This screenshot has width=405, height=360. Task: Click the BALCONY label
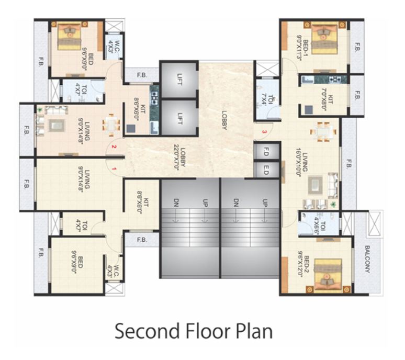pyautogui.click(x=368, y=260)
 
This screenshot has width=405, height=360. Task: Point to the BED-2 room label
pyautogui.click(x=300, y=268)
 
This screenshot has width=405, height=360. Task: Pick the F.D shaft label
pyautogui.click(x=265, y=151)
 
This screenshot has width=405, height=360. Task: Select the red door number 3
pyautogui.click(x=265, y=131)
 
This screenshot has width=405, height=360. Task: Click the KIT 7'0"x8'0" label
pyautogui.click(x=321, y=95)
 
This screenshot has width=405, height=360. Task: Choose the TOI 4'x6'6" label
pyautogui.click(x=321, y=226)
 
